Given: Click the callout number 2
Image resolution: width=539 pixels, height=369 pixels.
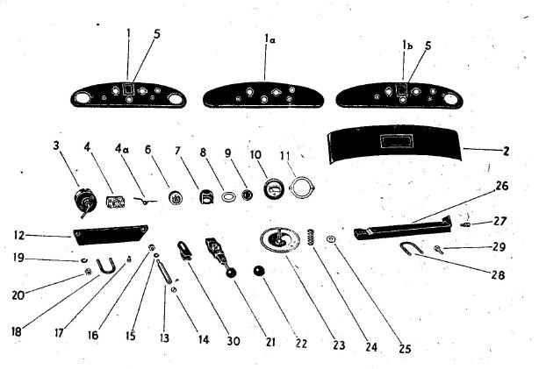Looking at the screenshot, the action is coord(506,151).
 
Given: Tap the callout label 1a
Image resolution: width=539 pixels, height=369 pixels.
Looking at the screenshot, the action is coord(270,39).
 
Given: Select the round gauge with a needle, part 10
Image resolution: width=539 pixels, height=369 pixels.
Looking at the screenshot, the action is coord(274,189).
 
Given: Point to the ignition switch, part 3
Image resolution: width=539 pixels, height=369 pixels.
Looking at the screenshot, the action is coord(85,202).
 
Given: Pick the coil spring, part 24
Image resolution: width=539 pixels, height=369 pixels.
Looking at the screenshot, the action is coord(312,237).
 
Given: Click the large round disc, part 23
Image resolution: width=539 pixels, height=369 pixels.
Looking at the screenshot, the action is coord(280,240).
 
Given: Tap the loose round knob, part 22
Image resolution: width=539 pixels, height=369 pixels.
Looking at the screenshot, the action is coord(257,271).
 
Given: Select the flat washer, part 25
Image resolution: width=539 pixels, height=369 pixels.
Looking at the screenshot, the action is coord(331,239).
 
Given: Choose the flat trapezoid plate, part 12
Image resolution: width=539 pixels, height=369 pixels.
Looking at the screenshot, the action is coord(110,235).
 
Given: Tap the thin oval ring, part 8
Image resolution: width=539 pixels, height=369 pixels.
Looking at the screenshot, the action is coord(228,197).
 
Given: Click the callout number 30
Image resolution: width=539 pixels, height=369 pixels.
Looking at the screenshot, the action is coord(234,341).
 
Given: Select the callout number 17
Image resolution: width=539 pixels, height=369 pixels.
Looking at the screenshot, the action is coord(59,332).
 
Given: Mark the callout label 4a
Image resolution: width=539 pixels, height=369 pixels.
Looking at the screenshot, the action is coord(122,149).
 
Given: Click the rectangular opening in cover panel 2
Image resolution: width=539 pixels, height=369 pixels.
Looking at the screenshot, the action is coord(395,141).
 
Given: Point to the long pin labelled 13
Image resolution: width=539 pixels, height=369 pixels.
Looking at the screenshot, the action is coord(163,271).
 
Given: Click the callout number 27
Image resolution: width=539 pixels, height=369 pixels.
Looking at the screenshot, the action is coord(499,221).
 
